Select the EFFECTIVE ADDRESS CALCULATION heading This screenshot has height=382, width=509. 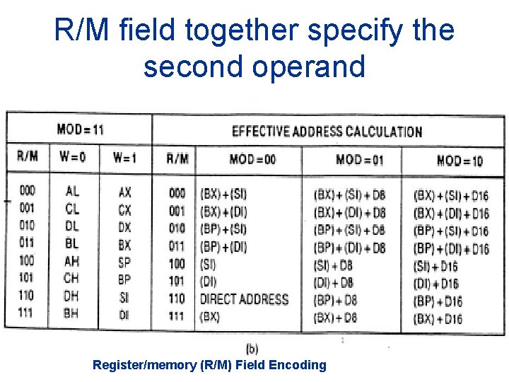point(327,132)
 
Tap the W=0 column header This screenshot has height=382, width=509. point(73,157)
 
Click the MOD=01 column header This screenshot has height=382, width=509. point(359,160)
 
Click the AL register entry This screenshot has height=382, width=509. point(72,191)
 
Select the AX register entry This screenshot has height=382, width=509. point(124,192)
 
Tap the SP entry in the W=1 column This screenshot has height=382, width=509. point(124,262)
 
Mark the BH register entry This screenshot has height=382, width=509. point(71,313)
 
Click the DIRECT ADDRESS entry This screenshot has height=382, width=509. point(244,299)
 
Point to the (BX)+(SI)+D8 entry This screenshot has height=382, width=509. point(350,195)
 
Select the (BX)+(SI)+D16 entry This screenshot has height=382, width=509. point(451,195)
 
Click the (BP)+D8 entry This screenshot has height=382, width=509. point(335,301)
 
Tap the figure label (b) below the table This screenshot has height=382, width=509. point(252,348)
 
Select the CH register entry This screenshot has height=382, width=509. point(71,279)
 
